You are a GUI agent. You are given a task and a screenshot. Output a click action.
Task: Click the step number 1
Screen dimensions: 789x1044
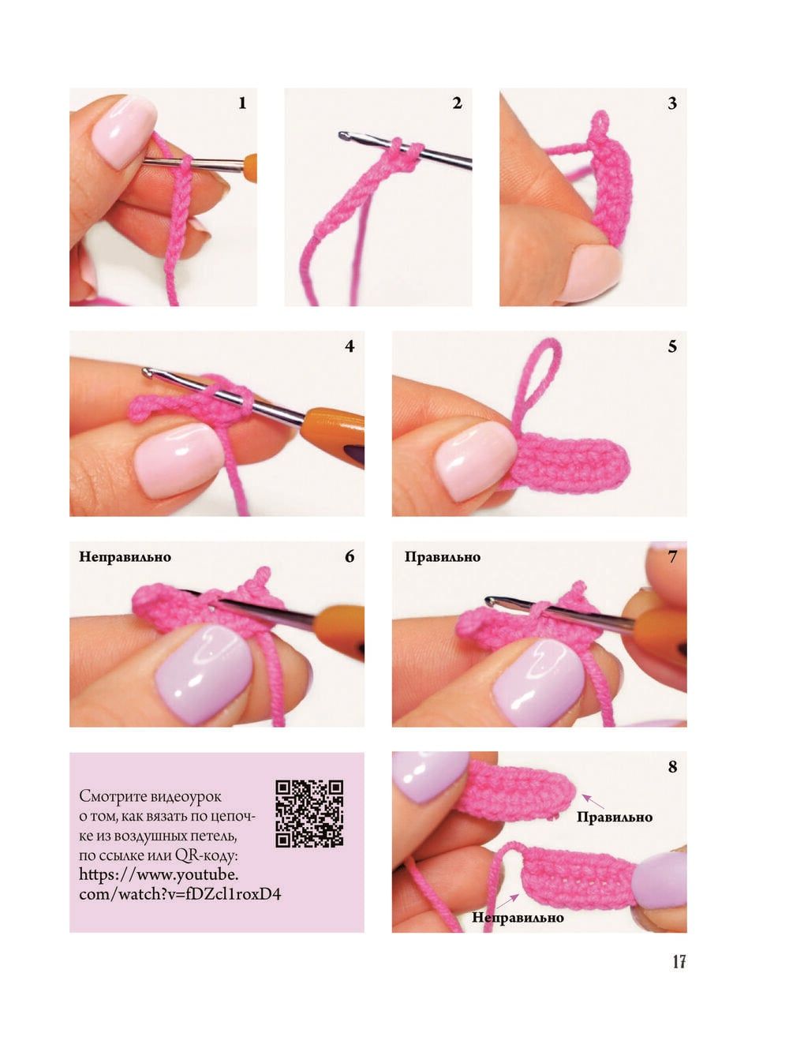(x=242, y=103)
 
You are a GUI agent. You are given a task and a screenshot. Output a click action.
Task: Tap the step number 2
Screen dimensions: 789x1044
(x=457, y=103)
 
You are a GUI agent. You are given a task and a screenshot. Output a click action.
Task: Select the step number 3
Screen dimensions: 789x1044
(x=672, y=103)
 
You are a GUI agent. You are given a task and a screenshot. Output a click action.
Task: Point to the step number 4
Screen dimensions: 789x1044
(x=350, y=346)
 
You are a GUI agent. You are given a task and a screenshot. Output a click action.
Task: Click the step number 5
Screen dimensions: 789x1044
(x=672, y=346)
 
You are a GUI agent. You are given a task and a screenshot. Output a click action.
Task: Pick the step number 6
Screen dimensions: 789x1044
(x=350, y=556)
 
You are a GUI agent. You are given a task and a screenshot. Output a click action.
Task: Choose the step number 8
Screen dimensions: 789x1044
(x=672, y=767)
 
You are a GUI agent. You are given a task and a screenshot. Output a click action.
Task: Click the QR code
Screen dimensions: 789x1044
(x=309, y=814)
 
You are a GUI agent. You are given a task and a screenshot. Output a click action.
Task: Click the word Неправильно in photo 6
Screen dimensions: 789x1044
(x=125, y=557)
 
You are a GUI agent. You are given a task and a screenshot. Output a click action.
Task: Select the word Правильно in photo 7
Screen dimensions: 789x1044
(x=443, y=557)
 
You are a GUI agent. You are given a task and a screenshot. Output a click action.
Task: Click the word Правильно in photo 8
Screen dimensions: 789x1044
(x=615, y=817)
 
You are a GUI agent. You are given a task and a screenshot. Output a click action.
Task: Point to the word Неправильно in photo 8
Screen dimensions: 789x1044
(x=518, y=918)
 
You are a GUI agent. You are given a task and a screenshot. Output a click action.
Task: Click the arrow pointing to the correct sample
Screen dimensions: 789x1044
(x=593, y=801)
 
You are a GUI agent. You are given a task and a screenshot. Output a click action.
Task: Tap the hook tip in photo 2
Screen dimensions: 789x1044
(x=342, y=136)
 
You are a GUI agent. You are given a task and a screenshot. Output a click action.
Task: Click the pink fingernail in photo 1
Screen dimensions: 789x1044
(x=123, y=131)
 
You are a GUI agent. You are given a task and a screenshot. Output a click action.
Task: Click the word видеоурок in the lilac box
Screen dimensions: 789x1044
(x=185, y=796)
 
